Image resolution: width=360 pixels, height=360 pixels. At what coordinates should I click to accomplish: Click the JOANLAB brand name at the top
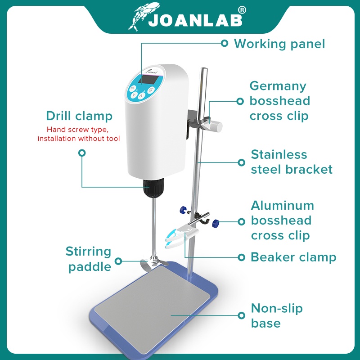tap(195, 20)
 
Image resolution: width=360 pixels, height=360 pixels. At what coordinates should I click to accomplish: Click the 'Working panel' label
tap(279, 44)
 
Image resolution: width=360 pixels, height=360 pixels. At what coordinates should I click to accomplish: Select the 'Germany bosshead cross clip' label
tap(279, 101)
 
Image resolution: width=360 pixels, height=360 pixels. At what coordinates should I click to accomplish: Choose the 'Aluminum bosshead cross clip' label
tap(282, 220)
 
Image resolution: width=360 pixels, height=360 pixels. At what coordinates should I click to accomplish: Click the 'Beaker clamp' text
tap(293, 257)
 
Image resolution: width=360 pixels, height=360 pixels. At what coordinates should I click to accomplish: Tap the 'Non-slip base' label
tap(277, 316)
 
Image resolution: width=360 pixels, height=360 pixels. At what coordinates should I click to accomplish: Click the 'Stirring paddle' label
tap(89, 259)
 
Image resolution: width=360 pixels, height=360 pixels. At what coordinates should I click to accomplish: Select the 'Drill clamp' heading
tap(79, 116)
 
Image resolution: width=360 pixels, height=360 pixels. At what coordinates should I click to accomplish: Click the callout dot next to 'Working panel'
tap(224, 44)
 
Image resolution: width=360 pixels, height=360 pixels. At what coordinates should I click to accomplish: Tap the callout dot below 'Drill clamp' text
tap(82, 153)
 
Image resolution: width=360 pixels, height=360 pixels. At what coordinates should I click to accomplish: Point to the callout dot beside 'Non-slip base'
tap(241, 316)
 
